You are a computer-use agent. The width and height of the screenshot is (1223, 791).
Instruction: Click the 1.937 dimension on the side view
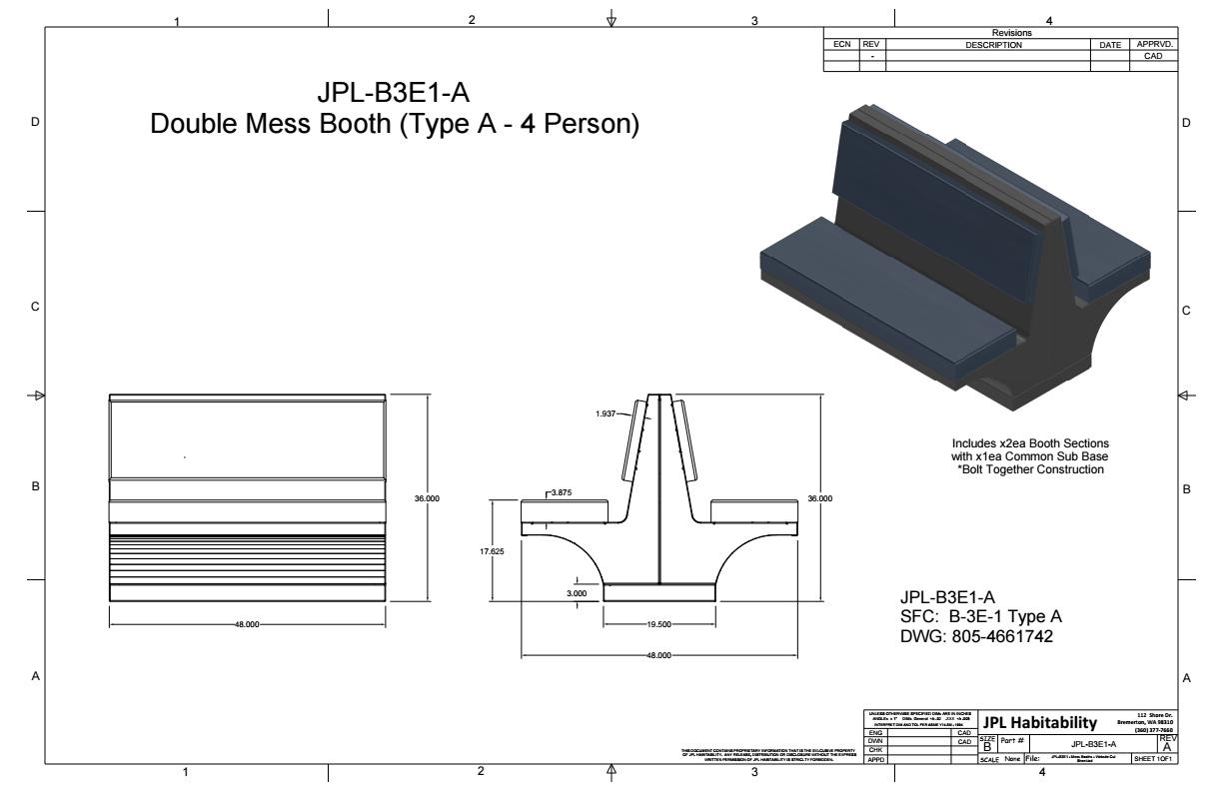click(x=605, y=412)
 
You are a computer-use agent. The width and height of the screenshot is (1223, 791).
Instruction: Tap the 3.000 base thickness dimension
click(x=577, y=593)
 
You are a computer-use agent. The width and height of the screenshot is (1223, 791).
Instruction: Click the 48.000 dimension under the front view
click(x=247, y=623)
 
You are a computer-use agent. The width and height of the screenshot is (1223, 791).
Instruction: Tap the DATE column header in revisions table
click(x=1109, y=45)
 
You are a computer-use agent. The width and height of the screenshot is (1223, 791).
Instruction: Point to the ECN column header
click(x=840, y=45)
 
